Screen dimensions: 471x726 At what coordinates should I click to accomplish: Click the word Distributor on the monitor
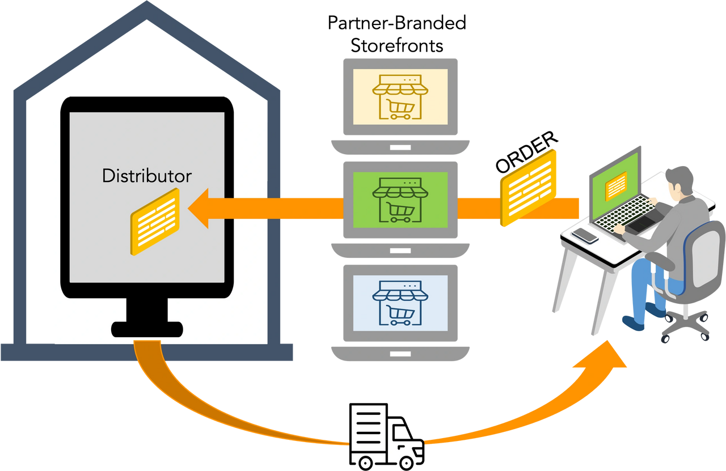(x=147, y=176)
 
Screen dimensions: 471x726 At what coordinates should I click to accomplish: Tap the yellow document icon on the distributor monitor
(x=155, y=221)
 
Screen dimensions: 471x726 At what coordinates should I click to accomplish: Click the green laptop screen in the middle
(x=400, y=200)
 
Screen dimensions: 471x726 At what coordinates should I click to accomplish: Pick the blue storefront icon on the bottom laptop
(x=400, y=303)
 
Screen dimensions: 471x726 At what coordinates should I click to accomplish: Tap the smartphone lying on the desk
(x=585, y=235)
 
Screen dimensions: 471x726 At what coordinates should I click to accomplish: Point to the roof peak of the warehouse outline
(x=147, y=11)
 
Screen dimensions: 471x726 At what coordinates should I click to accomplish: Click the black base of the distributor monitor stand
(x=147, y=329)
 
